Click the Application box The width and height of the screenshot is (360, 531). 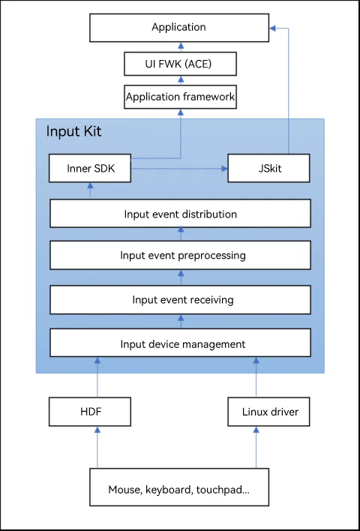coord(179,28)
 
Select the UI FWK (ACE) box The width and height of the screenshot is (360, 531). coord(180,64)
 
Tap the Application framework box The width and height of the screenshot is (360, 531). coord(180,97)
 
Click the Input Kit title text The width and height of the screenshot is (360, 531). coord(73,131)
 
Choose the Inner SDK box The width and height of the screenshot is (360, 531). coord(90,168)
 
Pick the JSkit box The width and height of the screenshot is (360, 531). coord(268,168)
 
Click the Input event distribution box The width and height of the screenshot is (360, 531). coord(180,213)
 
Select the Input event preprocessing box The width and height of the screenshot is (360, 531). coord(180,255)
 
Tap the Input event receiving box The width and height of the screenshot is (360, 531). coord(180,300)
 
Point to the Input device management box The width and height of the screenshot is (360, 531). coord(180,342)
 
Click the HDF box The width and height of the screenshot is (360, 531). coord(90,412)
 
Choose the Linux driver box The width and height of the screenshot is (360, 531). coord(268,412)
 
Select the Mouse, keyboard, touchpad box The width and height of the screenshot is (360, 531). coord(179,487)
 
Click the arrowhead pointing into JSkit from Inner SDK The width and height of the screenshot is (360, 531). coord(224,168)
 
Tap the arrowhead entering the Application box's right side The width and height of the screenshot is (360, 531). coord(272,28)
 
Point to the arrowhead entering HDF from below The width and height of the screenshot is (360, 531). coord(97,430)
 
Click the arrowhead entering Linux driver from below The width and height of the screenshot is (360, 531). coord(256,430)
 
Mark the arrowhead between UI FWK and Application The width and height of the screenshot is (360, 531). coord(181,46)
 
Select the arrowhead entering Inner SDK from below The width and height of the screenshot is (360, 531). coord(90,185)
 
